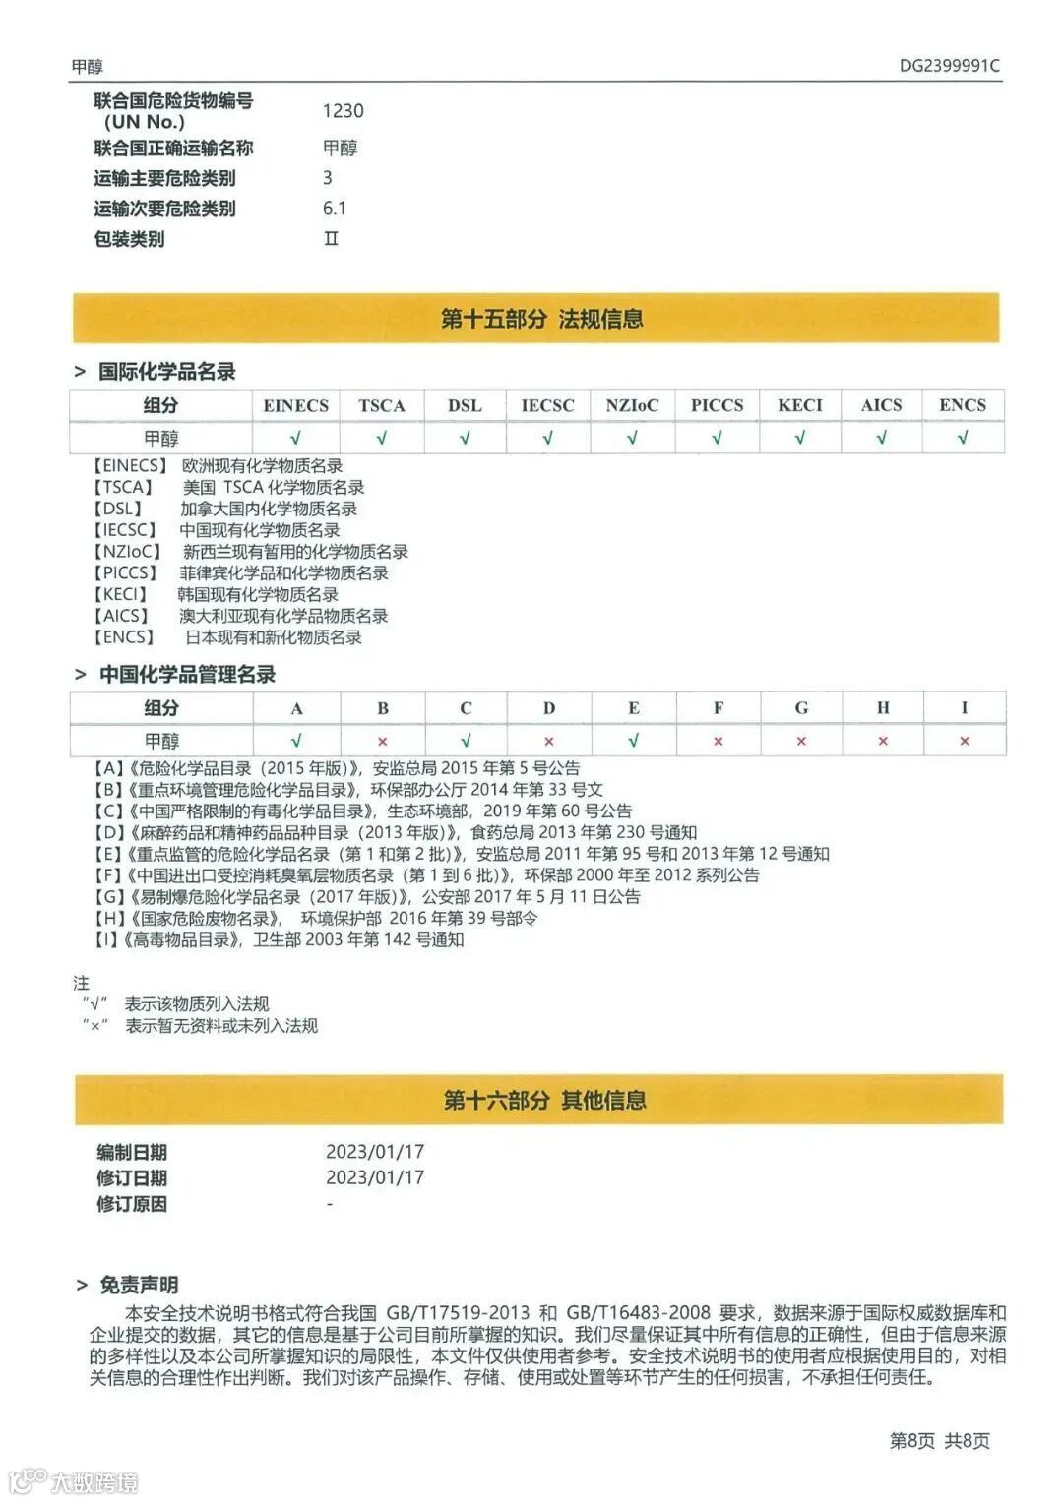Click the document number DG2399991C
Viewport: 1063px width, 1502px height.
tap(949, 66)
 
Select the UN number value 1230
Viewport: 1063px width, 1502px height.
tap(343, 111)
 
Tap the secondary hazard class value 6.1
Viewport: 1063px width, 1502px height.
tap(335, 208)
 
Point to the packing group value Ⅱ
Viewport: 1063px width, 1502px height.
tap(332, 238)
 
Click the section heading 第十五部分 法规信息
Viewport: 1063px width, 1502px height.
tap(541, 319)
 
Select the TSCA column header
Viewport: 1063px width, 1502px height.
tap(382, 405)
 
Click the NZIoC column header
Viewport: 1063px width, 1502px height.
tap(632, 405)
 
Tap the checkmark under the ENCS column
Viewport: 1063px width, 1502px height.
tap(963, 438)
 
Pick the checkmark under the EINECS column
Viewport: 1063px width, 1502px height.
tap(295, 438)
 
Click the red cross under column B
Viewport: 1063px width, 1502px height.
tap(383, 742)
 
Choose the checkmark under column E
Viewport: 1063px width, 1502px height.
tap(633, 741)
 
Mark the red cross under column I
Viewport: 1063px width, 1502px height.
tap(965, 742)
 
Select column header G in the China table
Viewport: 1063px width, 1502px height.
tap(801, 708)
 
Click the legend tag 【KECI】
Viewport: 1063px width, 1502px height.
tap(121, 594)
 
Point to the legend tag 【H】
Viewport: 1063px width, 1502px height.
tap(108, 918)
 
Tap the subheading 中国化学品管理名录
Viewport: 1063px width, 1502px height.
tap(187, 674)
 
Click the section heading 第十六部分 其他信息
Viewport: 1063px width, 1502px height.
tap(544, 1100)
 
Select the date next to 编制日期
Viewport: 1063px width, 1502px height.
tap(375, 1151)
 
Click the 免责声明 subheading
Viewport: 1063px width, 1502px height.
tap(139, 1285)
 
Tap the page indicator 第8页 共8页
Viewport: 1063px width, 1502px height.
tap(939, 1440)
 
